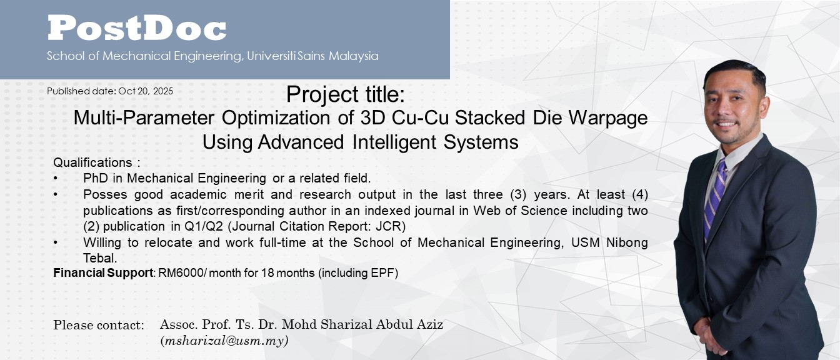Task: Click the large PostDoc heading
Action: (x=137, y=27)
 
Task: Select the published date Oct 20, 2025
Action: (x=146, y=91)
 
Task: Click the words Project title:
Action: (x=346, y=94)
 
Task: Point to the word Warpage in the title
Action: (x=608, y=119)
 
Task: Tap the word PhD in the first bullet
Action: (x=96, y=178)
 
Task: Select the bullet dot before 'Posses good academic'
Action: (x=56, y=194)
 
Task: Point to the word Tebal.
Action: (x=100, y=258)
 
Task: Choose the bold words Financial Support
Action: (x=103, y=273)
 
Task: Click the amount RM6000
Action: (x=181, y=273)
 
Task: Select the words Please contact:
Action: (x=99, y=325)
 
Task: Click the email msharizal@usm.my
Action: (x=224, y=341)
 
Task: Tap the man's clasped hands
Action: (x=709, y=336)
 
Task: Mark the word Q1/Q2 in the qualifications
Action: (x=204, y=226)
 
